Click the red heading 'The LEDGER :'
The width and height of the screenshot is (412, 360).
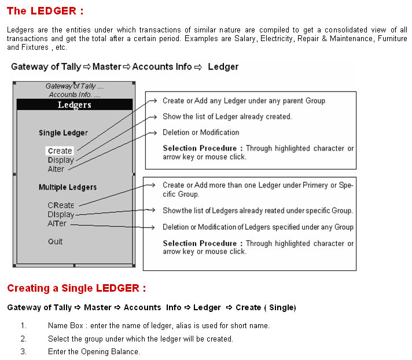pyautogui.click(x=45, y=10)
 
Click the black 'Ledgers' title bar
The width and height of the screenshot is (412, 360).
pyautogui.click(x=75, y=105)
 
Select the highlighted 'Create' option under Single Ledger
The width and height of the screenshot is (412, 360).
pyautogui.click(x=60, y=151)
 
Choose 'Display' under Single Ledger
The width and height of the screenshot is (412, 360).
pyautogui.click(x=61, y=160)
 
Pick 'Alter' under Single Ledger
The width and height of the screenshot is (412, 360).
pyautogui.click(x=56, y=169)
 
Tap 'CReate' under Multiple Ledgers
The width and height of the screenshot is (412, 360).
pyautogui.click(x=61, y=205)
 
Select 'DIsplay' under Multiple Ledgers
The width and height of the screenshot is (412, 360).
pyautogui.click(x=61, y=214)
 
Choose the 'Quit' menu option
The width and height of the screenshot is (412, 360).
pyautogui.click(x=56, y=241)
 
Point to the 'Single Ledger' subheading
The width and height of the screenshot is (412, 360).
pyautogui.click(x=63, y=133)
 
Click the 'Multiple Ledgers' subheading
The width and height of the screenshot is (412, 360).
pyautogui.click(x=68, y=188)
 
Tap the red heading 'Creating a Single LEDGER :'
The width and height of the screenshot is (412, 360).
pyautogui.click(x=76, y=288)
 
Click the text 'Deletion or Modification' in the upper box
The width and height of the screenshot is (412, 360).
pyautogui.click(x=201, y=133)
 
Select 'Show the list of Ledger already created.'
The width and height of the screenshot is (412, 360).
pyautogui.click(x=227, y=116)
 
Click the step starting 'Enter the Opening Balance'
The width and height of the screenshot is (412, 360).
pyautogui.click(x=94, y=351)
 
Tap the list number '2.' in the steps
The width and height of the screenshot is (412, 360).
pyautogui.click(x=23, y=339)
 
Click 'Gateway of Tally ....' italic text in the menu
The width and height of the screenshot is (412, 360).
pyautogui.click(x=74, y=86)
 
